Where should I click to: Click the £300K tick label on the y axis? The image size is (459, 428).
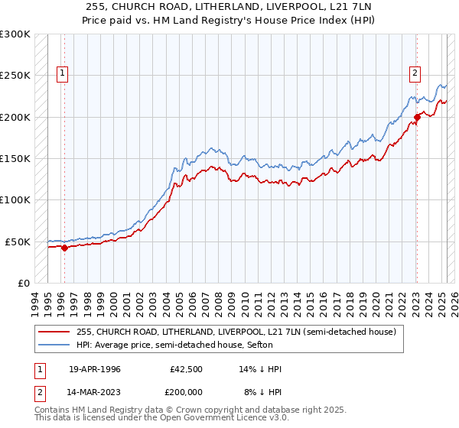pyautogui.click(x=15, y=34)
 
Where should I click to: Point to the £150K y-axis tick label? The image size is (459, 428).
pyautogui.click(x=15, y=158)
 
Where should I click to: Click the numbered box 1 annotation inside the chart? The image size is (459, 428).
pyautogui.click(x=63, y=74)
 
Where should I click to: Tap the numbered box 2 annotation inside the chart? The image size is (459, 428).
pyautogui.click(x=415, y=74)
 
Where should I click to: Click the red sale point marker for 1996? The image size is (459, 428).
pyautogui.click(x=64, y=248)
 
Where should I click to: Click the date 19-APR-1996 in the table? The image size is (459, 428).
pyautogui.click(x=94, y=369)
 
